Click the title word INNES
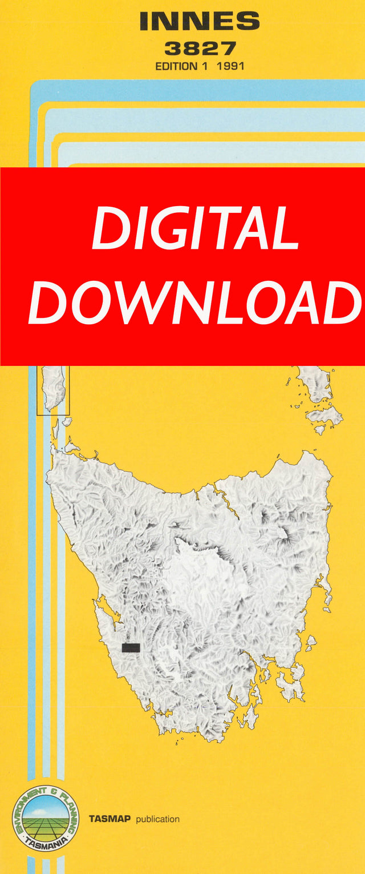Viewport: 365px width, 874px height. point(199,22)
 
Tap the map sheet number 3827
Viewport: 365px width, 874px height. point(199,48)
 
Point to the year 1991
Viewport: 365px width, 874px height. point(230,66)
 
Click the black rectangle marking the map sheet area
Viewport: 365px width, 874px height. point(131,647)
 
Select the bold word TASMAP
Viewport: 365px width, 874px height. point(109,819)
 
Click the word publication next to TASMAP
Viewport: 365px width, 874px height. point(157,819)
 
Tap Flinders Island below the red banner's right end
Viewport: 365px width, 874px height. point(315,382)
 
